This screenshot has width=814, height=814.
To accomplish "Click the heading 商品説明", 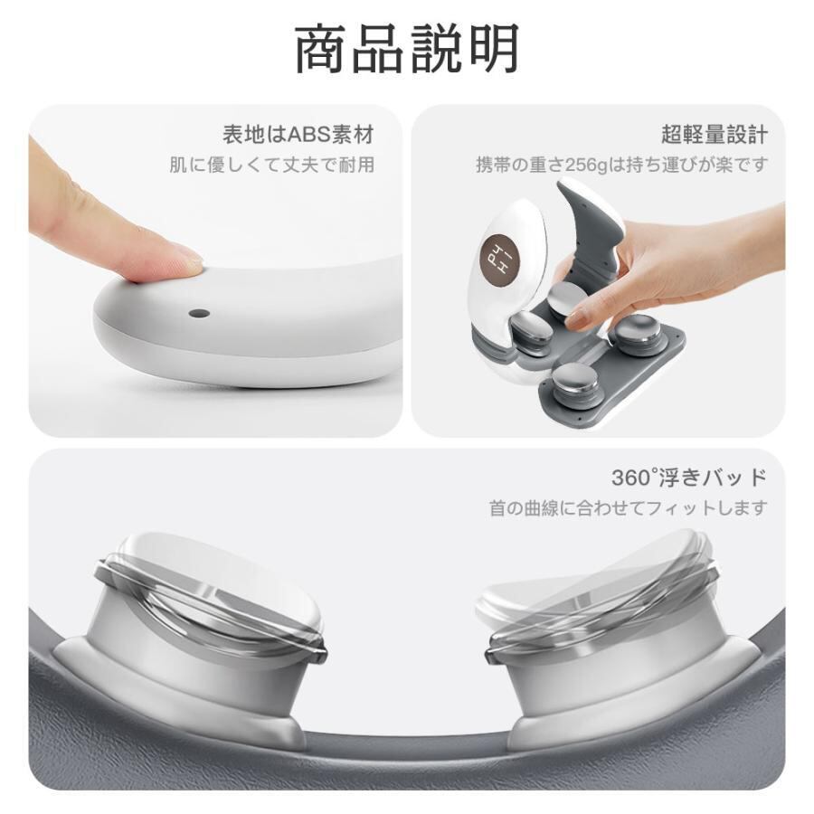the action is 407,48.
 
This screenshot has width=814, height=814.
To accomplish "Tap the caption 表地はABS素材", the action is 298,135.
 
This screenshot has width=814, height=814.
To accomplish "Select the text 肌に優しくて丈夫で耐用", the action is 272,166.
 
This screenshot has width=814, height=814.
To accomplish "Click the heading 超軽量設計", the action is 715,135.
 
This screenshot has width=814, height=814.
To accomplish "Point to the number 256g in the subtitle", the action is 586,166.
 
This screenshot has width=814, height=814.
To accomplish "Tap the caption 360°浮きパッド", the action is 689,477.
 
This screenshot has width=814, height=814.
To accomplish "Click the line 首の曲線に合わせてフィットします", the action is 629,507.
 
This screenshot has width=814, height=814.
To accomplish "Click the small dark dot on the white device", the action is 199,314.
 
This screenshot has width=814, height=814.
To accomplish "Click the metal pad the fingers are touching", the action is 570,301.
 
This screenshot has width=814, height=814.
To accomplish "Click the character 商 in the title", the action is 321,48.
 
